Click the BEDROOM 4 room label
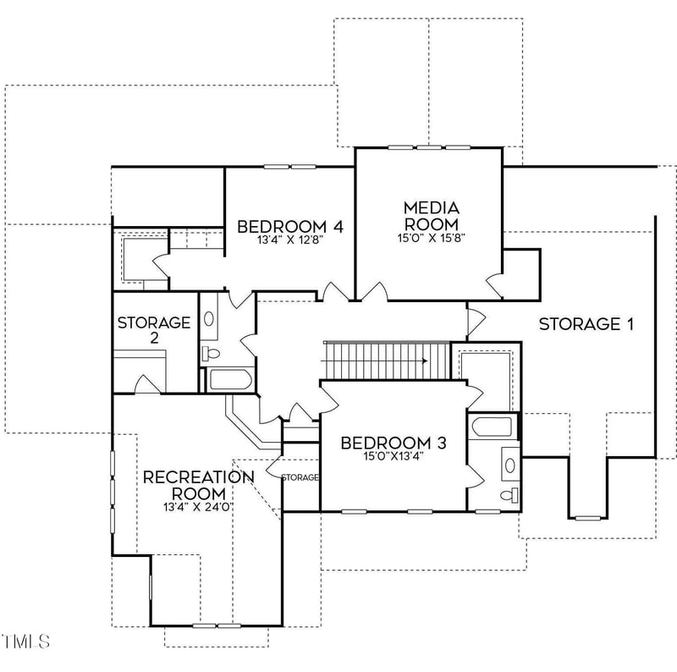(289, 226)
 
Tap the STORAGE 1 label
(586, 323)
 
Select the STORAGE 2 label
(154, 329)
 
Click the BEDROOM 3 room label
(393, 443)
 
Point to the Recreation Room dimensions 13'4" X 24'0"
(198, 506)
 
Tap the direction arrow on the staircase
(418, 360)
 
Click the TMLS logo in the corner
(25, 642)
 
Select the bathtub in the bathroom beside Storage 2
(229, 379)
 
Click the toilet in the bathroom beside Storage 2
(212, 352)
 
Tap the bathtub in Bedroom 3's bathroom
(494, 427)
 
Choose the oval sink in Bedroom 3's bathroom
(510, 464)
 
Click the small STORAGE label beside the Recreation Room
(300, 477)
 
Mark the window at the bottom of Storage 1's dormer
(587, 517)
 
